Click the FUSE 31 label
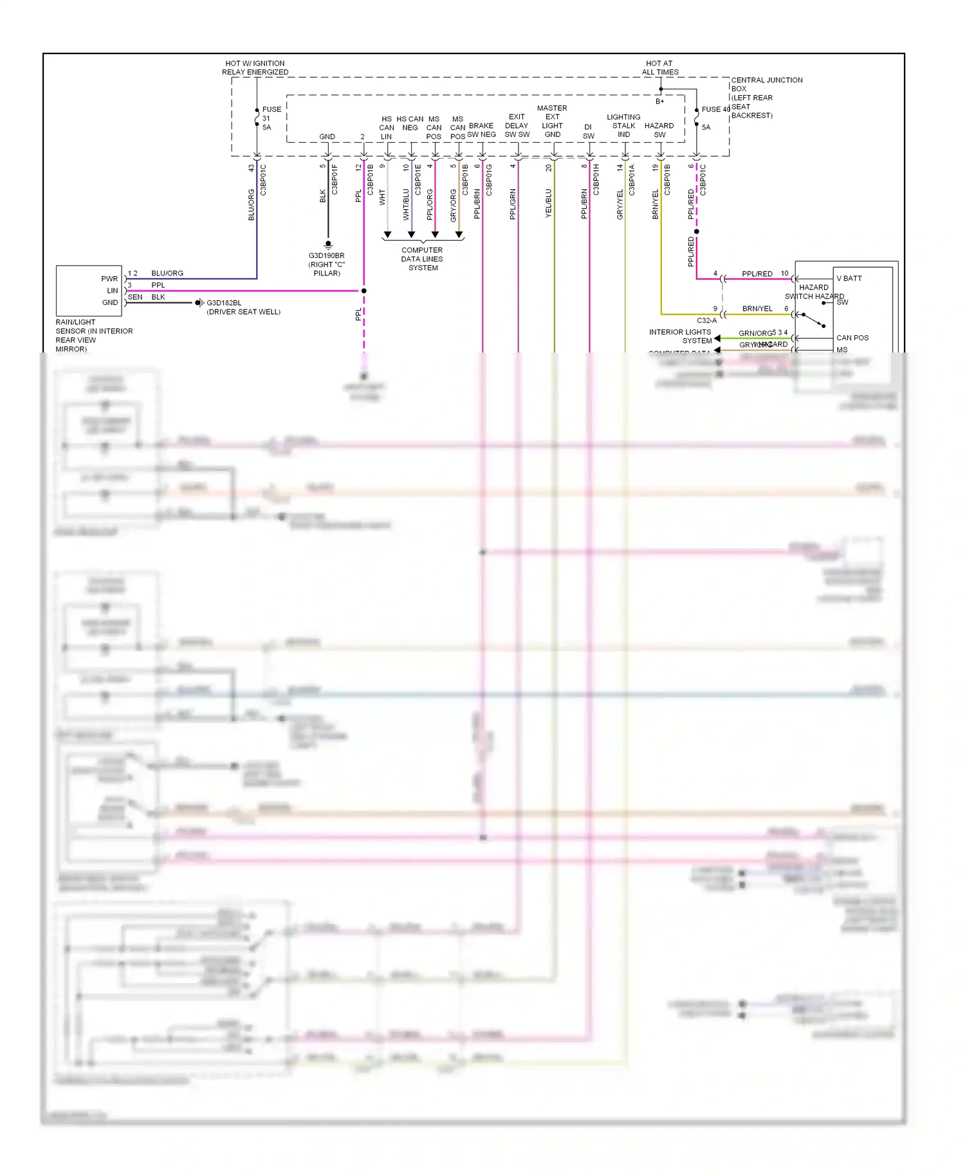pos(271,118)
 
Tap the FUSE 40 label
pos(715,109)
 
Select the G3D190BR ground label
pos(327,264)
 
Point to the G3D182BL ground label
pos(243,308)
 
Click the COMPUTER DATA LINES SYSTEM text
pos(422,259)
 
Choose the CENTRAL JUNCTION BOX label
pos(766,97)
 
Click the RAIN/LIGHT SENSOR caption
pos(93,335)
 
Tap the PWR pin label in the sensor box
pos(109,279)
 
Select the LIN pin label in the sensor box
pos(112,291)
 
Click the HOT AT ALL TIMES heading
pos(659,68)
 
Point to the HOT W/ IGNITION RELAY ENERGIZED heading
pos(255,68)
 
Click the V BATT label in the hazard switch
pos(849,279)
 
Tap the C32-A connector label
pos(706,320)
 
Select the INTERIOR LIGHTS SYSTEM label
pos(680,336)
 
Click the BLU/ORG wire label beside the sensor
pos(167,273)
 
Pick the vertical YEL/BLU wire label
pos(549,203)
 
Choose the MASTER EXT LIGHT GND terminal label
pos(552,121)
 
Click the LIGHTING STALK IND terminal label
pos(623,125)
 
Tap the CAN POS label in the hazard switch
pos(852,338)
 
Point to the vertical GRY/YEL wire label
pos(620,205)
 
